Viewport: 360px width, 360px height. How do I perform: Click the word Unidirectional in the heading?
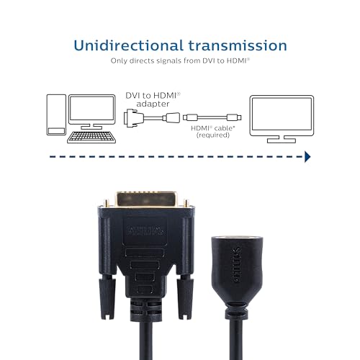pyautogui.click(x=129, y=45)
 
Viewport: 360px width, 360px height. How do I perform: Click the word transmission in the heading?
pyautogui.click(x=238, y=45)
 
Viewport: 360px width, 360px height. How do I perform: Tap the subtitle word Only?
pyautogui.click(x=119, y=60)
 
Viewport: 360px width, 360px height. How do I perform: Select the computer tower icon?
pyautogui.click(x=56, y=114)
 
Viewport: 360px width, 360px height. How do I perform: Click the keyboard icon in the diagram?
pyautogui.click(x=91, y=138)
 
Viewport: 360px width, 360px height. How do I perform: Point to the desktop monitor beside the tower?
pyautogui.click(x=91, y=112)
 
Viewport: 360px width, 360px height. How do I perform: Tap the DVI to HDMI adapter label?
pyautogui.click(x=153, y=99)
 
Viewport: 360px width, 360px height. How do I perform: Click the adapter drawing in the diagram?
pyautogui.click(x=152, y=118)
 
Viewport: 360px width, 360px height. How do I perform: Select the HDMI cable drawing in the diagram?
pyautogui.click(x=212, y=117)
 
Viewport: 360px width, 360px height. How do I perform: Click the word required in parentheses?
pyautogui.click(x=213, y=135)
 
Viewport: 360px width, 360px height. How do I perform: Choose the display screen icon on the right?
pyautogui.click(x=282, y=119)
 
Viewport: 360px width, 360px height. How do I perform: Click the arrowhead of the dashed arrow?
pyautogui.click(x=307, y=157)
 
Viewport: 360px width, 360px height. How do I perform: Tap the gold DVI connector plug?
pyautogui.click(x=146, y=200)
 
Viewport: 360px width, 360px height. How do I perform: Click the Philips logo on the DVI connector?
pyautogui.click(x=145, y=231)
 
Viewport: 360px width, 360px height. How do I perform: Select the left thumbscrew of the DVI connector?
pyautogui.click(x=106, y=297)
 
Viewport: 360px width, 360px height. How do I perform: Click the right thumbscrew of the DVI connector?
pyautogui.click(x=185, y=297)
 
